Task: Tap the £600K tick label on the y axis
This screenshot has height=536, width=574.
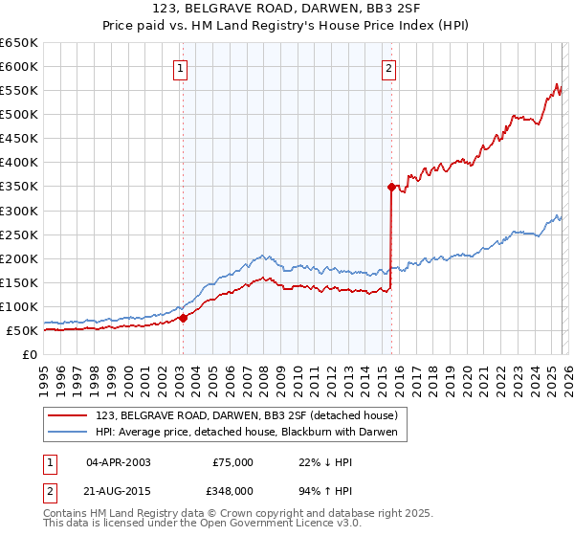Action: tap(19, 67)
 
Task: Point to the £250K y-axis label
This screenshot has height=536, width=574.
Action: tap(19, 234)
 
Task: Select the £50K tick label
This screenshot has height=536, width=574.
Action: tap(23, 330)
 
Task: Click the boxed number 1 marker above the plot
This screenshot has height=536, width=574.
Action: tap(181, 68)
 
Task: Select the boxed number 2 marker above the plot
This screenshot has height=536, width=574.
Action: tap(389, 68)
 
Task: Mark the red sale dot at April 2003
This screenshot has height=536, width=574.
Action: tap(183, 319)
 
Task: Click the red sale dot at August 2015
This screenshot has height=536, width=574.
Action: tap(391, 188)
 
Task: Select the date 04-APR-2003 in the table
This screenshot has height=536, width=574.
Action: tap(118, 462)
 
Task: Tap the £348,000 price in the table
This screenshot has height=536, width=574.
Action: tap(232, 490)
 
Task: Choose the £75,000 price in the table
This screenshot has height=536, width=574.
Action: tap(232, 462)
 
